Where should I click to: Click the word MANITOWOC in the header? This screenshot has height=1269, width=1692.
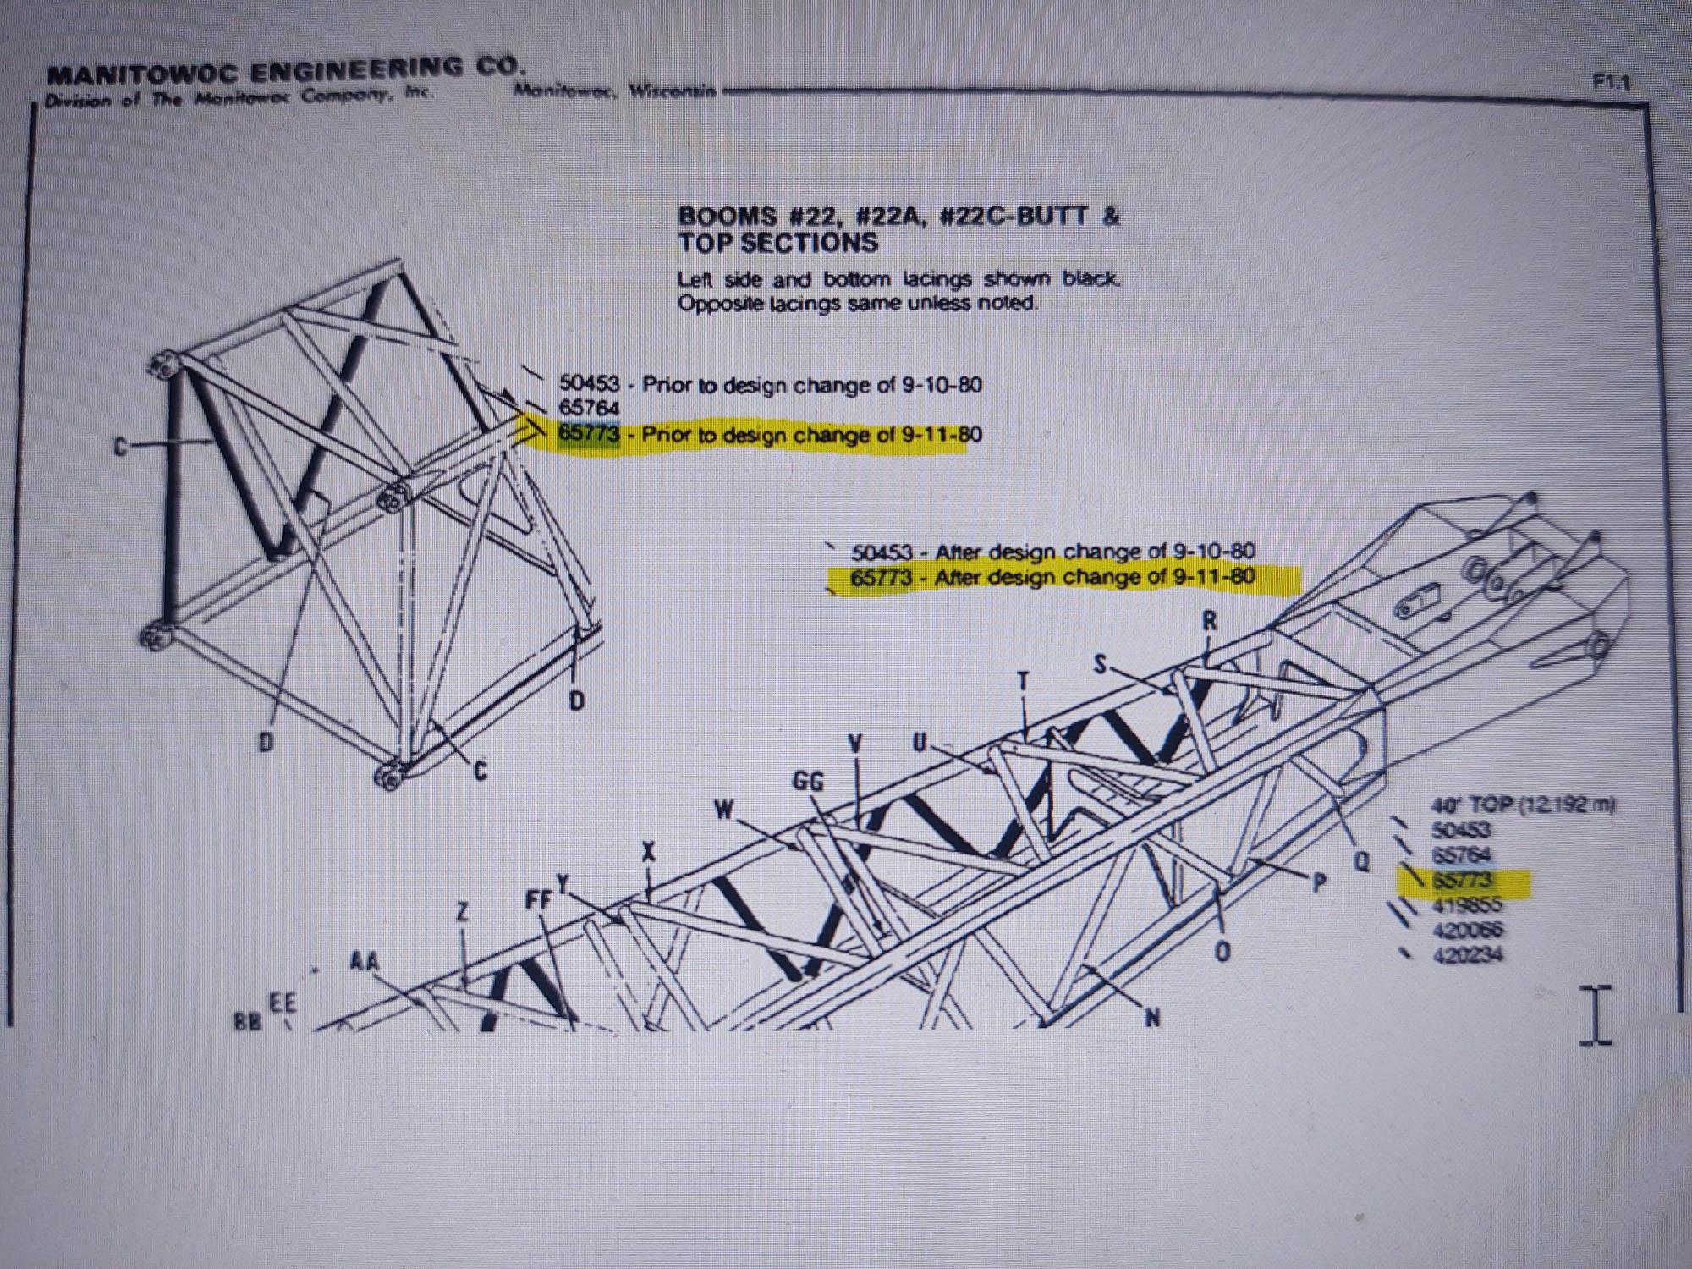(x=144, y=75)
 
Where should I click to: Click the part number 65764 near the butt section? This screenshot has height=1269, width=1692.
(x=589, y=409)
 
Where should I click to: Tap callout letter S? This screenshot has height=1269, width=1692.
(x=1100, y=665)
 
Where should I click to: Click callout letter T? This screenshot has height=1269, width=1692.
(x=1024, y=682)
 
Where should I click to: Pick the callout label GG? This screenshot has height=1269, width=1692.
(x=808, y=782)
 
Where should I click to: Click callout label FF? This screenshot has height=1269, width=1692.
(x=539, y=900)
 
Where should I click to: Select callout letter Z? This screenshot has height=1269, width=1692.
(x=463, y=912)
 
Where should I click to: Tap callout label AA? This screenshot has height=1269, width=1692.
(x=365, y=962)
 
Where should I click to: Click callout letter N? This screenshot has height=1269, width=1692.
(x=1151, y=1017)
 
